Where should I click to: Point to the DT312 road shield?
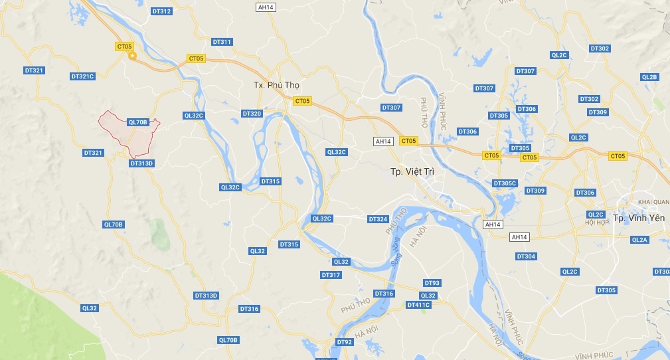161,11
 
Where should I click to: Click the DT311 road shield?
222,42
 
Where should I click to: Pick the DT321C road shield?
83,76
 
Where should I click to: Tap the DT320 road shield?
252,114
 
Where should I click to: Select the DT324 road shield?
378,219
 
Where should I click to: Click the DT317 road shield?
331,275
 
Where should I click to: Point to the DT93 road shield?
432,283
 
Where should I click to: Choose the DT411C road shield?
418,305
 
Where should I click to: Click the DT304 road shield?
526,256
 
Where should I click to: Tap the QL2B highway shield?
649,77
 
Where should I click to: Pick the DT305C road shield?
505,183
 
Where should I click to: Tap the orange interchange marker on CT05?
132,56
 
